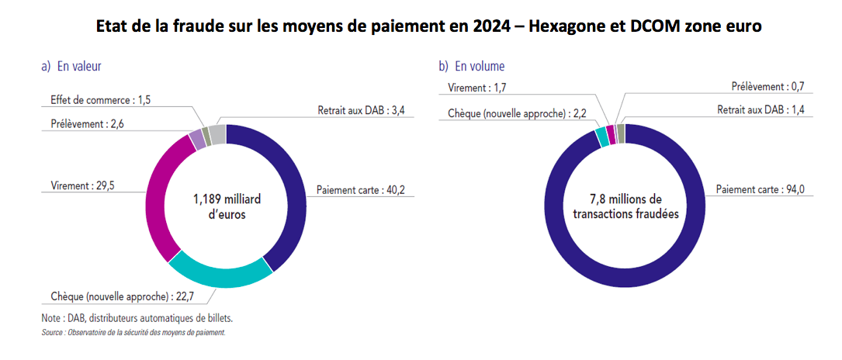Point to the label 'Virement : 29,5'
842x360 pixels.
76,186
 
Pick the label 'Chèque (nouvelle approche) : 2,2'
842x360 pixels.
515,113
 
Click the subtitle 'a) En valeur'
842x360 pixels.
71,67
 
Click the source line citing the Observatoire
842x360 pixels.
133,332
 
